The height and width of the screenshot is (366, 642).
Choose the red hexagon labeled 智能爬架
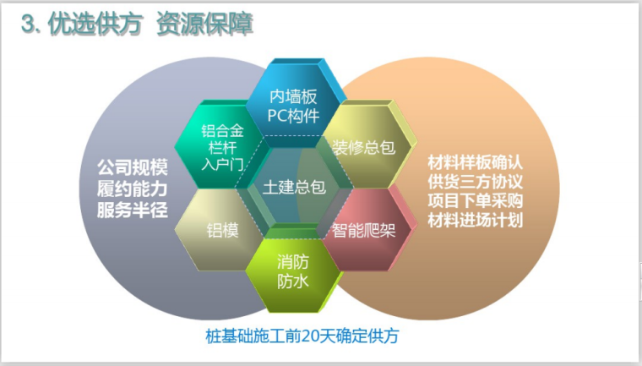[364, 228]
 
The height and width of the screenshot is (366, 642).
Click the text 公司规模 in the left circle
[132, 164]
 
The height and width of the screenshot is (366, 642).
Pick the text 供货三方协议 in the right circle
[476, 182]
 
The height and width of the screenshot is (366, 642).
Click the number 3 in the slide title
[28, 25]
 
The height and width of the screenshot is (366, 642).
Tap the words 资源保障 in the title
[204, 25]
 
